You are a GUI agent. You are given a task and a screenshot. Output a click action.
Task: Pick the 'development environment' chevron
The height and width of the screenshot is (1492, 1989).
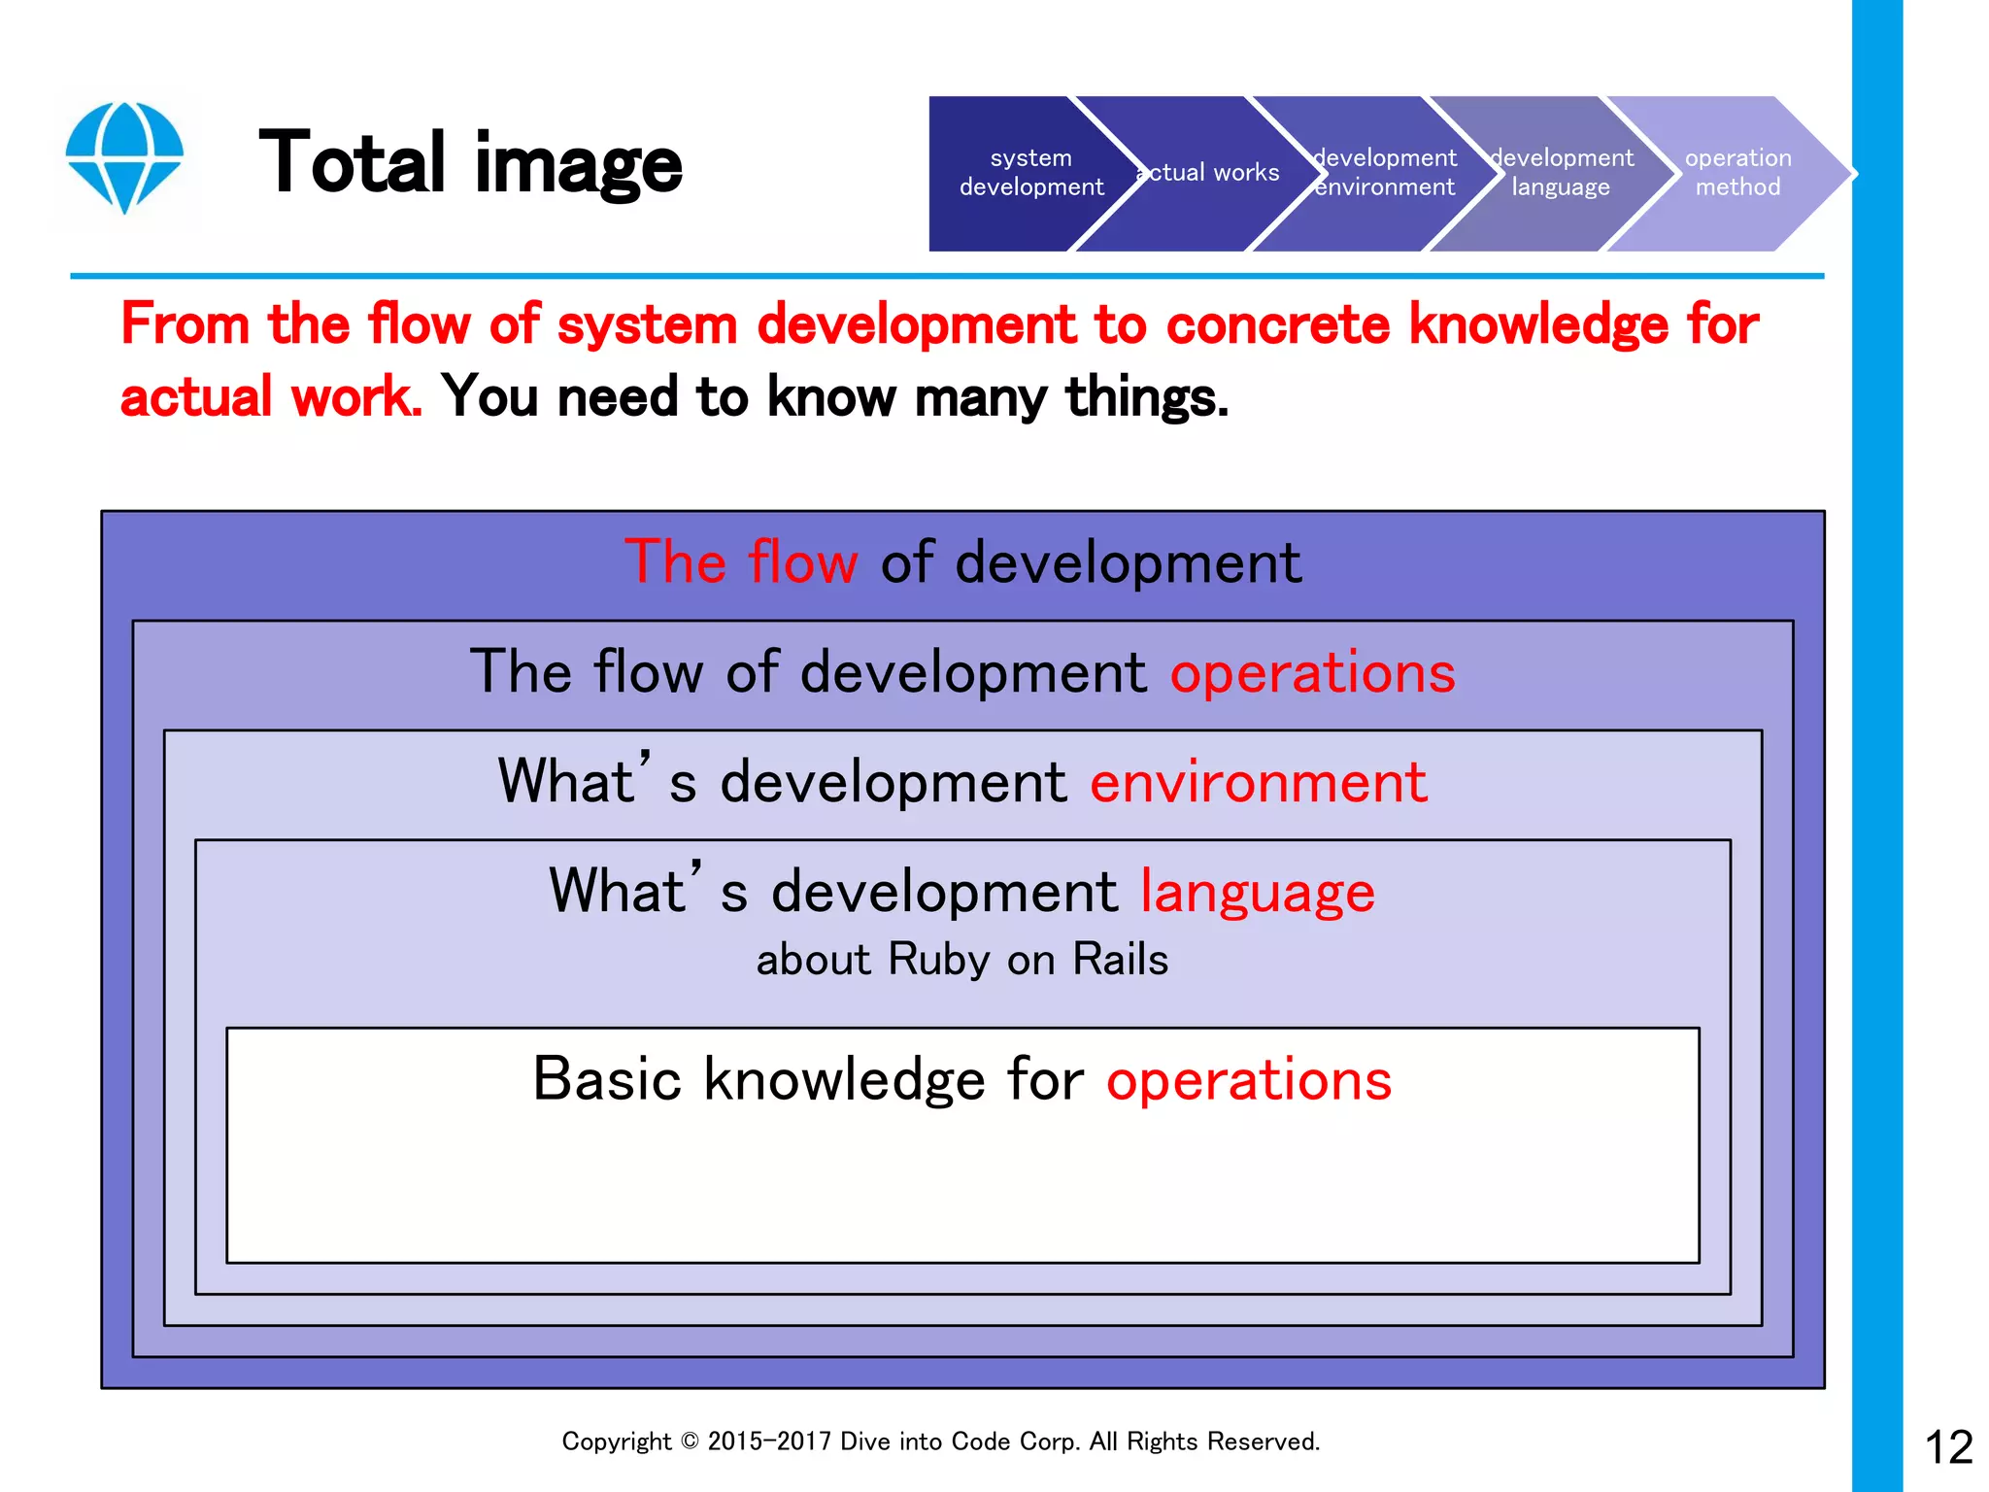1385,173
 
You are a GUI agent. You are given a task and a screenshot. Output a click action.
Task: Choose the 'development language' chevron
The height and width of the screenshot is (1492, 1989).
1562,173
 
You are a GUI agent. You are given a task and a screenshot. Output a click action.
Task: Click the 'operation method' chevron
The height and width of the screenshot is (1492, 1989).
1737,173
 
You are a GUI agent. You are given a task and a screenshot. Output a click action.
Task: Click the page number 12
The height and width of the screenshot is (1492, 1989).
1948,1447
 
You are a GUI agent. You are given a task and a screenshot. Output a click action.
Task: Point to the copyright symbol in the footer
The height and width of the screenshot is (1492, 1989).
690,1441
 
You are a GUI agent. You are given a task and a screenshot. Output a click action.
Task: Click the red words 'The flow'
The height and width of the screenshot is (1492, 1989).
741,562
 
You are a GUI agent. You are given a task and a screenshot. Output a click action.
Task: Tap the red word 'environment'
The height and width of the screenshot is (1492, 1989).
1259,782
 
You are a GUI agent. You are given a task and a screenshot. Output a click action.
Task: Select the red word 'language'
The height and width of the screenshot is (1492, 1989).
1257,892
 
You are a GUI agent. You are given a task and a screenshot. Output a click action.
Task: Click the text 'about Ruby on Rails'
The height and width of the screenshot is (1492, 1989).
961,960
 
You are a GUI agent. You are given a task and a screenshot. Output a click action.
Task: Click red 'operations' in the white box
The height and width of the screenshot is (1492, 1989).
1249,1079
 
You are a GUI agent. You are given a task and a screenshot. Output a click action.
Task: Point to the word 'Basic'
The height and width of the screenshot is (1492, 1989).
607,1079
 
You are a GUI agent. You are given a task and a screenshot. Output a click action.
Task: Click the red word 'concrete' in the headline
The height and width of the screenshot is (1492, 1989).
1277,324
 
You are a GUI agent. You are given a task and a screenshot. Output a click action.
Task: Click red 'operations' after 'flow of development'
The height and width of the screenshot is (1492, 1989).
1312,672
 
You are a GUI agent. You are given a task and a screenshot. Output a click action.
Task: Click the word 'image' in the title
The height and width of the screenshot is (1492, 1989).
578,162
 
